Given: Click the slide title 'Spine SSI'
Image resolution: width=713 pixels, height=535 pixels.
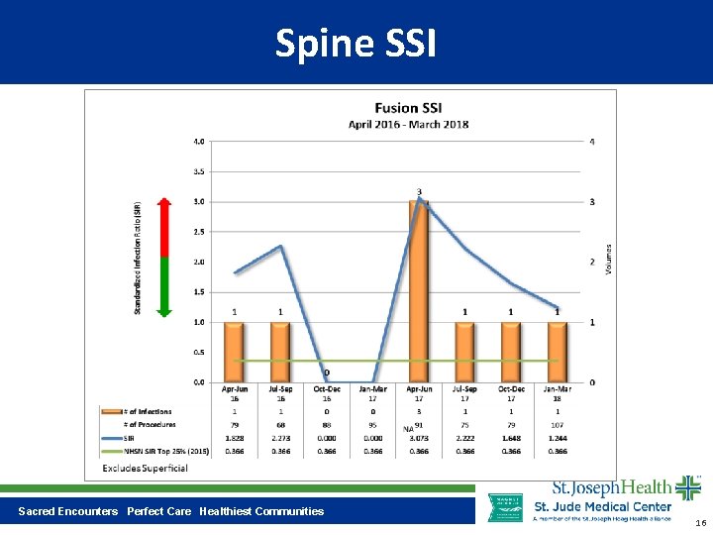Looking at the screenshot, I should pos(356,44).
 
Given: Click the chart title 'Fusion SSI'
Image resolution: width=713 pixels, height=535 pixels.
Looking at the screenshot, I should pos(408,108).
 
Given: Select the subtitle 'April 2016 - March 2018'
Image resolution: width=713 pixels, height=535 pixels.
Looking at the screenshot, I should pos(408,125).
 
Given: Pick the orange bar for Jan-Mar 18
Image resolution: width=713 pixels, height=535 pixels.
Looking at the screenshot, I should pos(558,352).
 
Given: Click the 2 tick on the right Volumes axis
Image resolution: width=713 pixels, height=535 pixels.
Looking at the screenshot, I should pos(592,263).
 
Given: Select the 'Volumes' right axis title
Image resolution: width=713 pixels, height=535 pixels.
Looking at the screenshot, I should pos(608,261).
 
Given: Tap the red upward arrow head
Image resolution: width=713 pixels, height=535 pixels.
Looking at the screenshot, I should pos(164,205).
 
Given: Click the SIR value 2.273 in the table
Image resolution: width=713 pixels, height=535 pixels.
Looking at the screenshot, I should pos(280,437).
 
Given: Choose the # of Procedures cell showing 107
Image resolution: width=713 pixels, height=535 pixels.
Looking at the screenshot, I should pos(558,424).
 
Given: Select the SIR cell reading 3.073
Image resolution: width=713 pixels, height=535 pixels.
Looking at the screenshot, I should pos(419,437).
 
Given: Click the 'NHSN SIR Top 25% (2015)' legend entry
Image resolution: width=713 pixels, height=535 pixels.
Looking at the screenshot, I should pos(159,450).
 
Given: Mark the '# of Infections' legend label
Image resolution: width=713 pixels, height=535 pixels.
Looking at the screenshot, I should pos(149,411).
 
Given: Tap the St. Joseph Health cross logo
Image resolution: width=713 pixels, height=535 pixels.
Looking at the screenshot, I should pos(687,488).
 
